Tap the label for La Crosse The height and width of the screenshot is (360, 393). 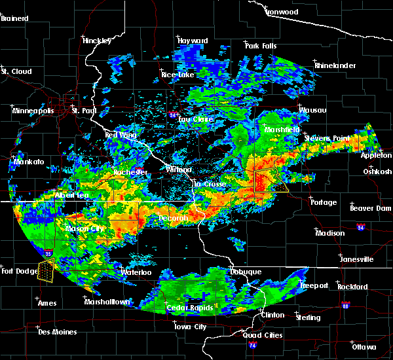point(210,185)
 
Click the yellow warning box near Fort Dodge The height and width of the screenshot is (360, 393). point(46,269)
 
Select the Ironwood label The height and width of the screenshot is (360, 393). point(282,12)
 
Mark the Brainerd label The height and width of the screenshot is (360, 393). point(16,18)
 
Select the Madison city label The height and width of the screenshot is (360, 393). point(329,233)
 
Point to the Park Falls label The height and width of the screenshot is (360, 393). point(260,46)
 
